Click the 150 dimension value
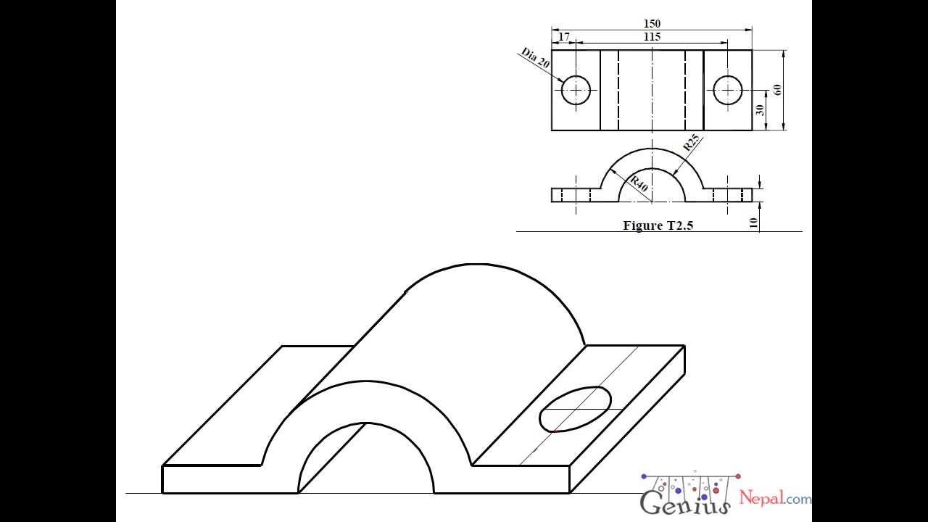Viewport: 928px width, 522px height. click(x=652, y=24)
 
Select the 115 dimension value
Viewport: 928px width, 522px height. click(x=652, y=36)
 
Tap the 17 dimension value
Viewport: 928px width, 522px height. click(x=565, y=36)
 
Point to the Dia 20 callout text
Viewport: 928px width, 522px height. click(x=535, y=58)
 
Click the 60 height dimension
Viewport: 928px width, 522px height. click(x=778, y=90)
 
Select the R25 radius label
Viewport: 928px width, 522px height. click(x=692, y=142)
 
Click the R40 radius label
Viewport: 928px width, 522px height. click(x=638, y=183)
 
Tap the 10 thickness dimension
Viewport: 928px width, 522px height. click(x=755, y=223)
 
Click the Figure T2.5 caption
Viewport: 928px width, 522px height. click(x=658, y=225)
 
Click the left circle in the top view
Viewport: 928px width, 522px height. click(x=576, y=90)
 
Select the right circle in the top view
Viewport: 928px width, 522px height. click(x=727, y=90)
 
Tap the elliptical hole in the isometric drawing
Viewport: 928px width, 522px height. click(x=576, y=409)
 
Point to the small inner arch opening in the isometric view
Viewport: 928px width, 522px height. click(x=366, y=464)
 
